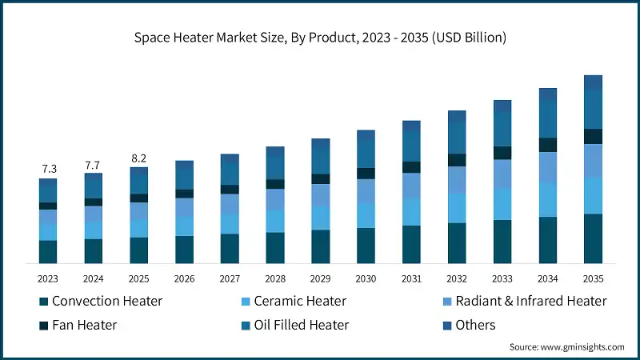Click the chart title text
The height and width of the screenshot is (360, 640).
320,38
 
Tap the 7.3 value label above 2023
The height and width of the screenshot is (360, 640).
48,169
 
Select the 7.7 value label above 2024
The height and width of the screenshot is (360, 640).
94,164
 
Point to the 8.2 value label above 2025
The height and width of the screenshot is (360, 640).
139,158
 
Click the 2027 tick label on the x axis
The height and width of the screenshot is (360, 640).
230,278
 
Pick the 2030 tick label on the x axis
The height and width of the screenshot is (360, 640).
366,278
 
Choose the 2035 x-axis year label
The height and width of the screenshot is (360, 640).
593,278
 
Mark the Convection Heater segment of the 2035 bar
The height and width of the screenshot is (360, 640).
593,238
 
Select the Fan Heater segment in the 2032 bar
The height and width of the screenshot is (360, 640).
457,160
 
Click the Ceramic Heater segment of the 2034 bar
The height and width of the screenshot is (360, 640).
547,199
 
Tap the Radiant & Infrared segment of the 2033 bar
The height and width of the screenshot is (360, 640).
502,174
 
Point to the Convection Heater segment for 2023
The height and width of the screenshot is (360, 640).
48,252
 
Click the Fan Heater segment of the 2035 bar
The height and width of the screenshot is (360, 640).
593,136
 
